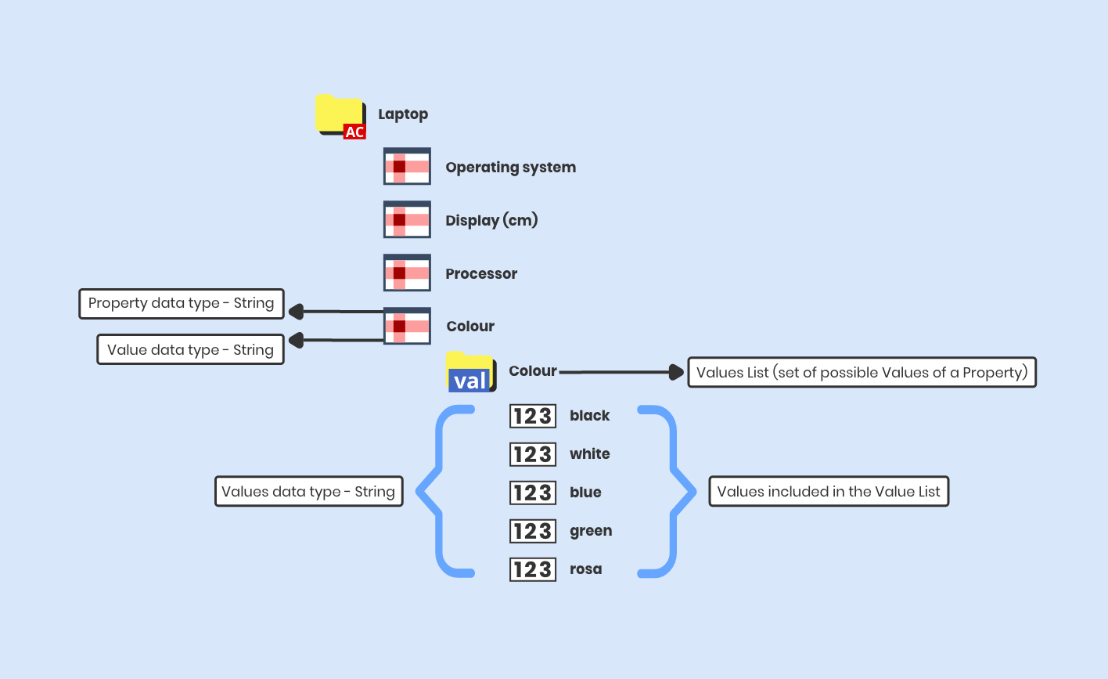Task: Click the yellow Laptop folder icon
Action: click(339, 112)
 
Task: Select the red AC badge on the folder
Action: click(354, 132)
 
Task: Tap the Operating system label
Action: click(510, 167)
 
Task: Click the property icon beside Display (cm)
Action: click(407, 220)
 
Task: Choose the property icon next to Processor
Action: click(407, 273)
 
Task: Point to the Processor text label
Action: click(481, 273)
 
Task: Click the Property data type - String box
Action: click(181, 303)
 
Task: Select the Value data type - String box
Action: click(190, 349)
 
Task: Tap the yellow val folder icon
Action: click(470, 372)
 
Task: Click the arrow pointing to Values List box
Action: click(622, 372)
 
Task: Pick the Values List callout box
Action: click(862, 372)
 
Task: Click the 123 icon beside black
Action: click(532, 416)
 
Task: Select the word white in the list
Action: click(589, 453)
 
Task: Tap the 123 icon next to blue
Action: click(532, 492)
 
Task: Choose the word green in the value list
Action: click(590, 530)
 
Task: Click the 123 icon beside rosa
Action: click(532, 569)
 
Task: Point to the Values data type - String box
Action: click(308, 491)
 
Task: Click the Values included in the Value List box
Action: click(829, 491)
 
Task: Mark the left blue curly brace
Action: click(441, 491)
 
